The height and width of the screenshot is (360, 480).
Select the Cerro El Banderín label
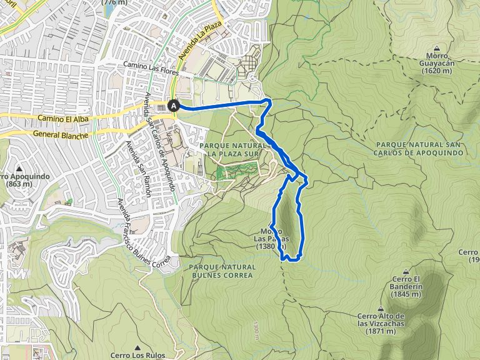tap(406, 282)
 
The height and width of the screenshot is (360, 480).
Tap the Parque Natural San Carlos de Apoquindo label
tap(419, 149)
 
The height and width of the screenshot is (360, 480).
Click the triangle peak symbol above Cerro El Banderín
tap(406, 271)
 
